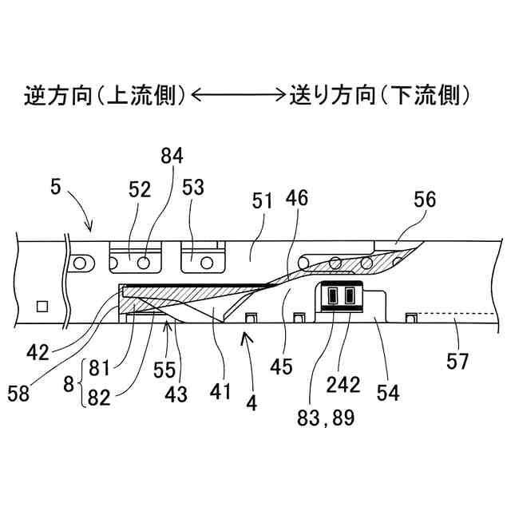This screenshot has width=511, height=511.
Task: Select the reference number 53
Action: pos(193,188)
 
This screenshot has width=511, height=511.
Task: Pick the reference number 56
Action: pos(424,200)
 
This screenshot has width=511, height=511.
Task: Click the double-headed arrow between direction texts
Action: pos(238,97)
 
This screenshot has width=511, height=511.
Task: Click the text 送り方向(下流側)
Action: pos(378,97)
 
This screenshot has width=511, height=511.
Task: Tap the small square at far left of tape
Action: pos(42,305)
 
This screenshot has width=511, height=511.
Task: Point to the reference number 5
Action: pos(54,188)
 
